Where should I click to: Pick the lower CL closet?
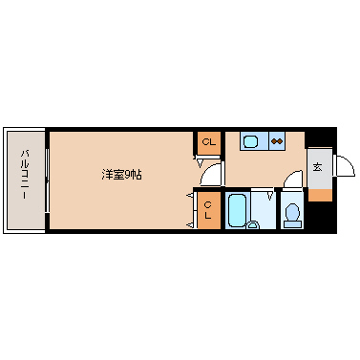pos(208,210)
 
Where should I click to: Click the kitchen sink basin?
pos(251,142)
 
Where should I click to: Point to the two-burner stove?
pos(277,142)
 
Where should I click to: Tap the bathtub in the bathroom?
pos(238,208)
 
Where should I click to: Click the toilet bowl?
pos(293,212)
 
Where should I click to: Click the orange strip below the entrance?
pos(320,194)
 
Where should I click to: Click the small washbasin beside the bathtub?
pos(253,225)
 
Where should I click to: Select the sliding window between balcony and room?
pos(46,179)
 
